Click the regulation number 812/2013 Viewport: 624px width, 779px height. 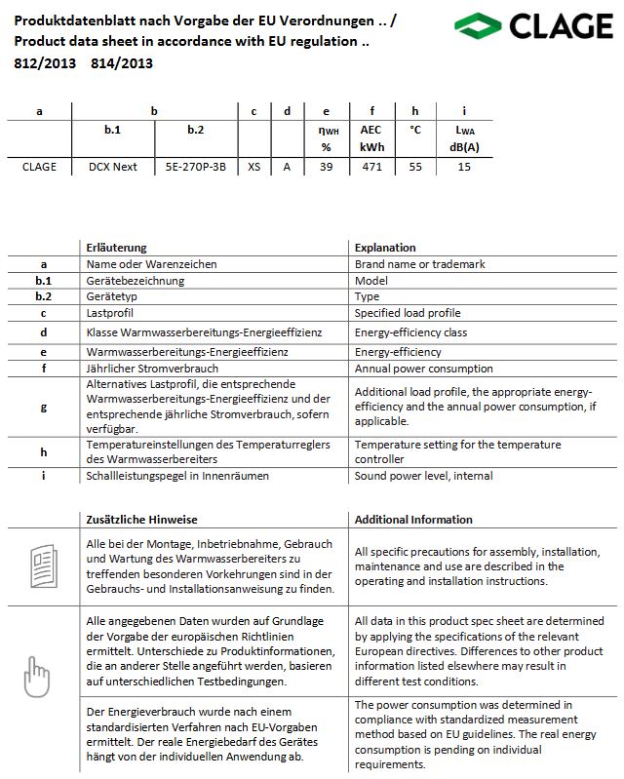(38, 64)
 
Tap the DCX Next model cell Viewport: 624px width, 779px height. (113, 167)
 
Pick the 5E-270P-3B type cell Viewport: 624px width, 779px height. (195, 167)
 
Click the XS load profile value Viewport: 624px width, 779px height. (253, 167)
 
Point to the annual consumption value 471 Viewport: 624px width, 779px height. (370, 167)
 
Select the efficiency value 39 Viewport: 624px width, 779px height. (327, 167)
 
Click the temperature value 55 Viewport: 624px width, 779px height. (415, 167)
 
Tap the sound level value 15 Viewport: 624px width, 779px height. (464, 167)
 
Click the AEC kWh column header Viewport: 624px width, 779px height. (370, 137)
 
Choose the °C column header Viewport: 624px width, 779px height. (415, 129)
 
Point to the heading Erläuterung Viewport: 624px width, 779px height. (116, 248)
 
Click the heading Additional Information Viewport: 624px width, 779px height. (413, 520)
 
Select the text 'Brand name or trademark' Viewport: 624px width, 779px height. (419, 264)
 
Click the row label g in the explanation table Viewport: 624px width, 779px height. (44, 407)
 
